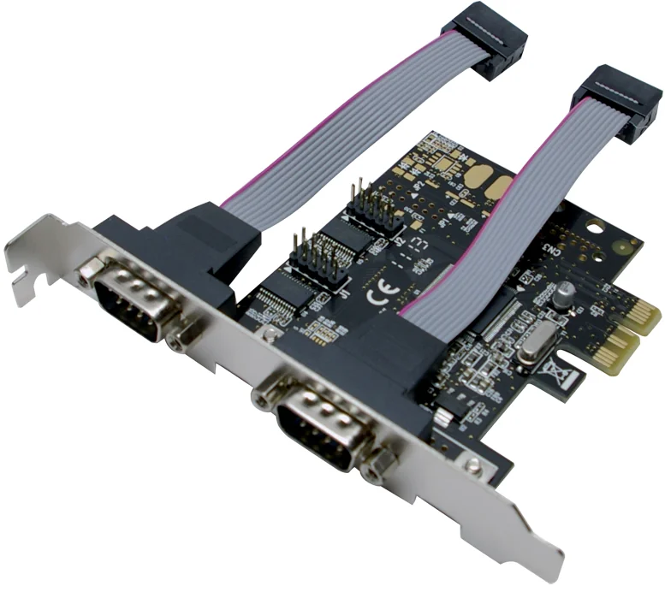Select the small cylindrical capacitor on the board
(564, 293)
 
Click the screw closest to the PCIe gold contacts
(471, 463)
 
